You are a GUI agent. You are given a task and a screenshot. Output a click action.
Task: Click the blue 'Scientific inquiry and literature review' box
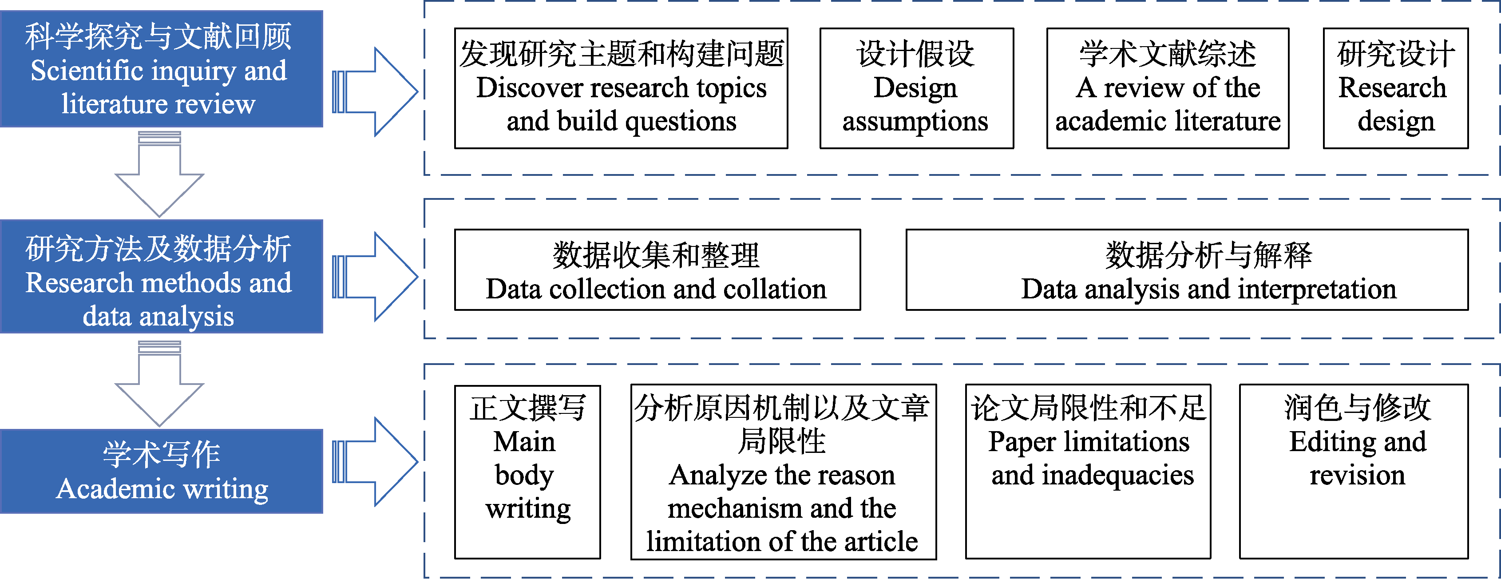pos(162,69)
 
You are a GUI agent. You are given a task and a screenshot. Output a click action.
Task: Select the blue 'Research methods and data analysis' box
pos(162,276)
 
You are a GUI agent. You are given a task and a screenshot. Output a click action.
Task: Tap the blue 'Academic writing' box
pos(162,471)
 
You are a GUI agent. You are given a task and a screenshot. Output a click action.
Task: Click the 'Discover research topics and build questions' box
pos(621,88)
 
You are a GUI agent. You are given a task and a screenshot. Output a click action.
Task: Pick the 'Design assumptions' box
pos(917,88)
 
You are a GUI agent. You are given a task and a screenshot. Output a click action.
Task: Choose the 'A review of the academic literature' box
pos(1168,88)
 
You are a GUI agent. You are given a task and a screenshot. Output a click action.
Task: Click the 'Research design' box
pos(1395,88)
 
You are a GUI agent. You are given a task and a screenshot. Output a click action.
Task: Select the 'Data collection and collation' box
pos(657,270)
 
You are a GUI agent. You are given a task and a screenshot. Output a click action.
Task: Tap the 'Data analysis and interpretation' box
pos(1187,270)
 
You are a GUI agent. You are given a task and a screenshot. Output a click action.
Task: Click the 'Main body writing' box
pos(527,472)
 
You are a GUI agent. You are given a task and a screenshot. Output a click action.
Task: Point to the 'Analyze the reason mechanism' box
pos(783,472)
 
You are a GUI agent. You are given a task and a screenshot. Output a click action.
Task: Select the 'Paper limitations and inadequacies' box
pos(1088,472)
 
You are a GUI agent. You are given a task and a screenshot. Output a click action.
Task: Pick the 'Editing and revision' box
pos(1354,472)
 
